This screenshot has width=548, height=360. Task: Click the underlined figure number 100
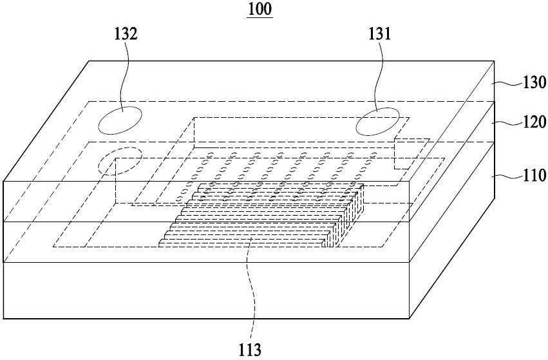[260, 9]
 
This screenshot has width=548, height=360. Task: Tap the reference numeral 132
[126, 34]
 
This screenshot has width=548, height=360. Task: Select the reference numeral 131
[379, 34]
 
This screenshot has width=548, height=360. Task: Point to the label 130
[534, 82]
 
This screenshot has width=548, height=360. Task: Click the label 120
[534, 122]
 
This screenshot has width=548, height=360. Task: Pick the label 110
[534, 175]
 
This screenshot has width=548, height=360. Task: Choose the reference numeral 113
[250, 349]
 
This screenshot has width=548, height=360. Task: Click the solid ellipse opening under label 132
[120, 120]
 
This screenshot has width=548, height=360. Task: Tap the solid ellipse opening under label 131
[377, 121]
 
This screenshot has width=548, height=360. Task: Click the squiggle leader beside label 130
[507, 83]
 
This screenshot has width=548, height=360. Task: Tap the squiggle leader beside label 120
[507, 122]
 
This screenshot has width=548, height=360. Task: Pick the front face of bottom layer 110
[206, 290]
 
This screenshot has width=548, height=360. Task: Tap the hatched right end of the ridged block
[345, 216]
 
